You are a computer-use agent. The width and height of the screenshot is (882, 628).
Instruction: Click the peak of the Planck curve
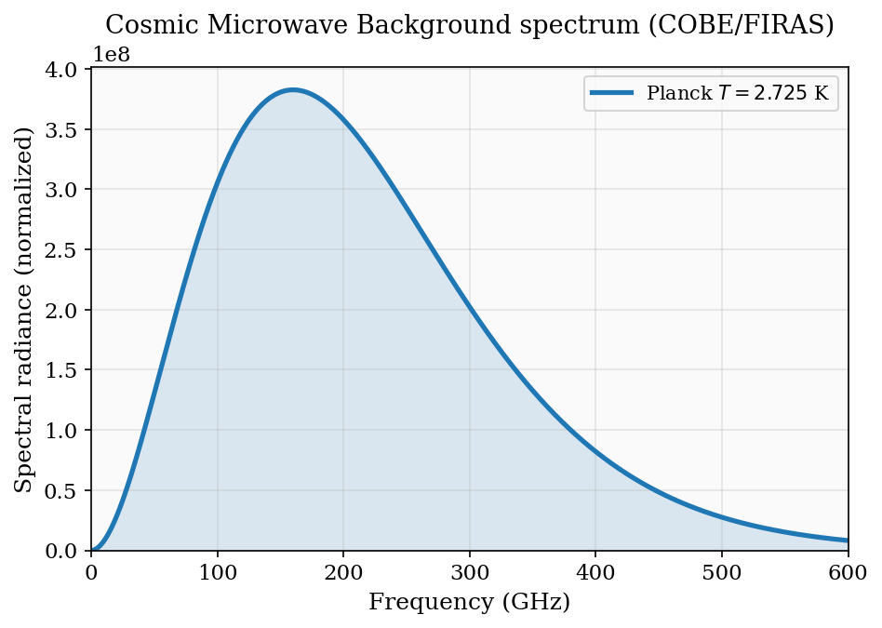coord(293,90)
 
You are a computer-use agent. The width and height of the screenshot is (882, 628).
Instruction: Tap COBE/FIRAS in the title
coord(730,25)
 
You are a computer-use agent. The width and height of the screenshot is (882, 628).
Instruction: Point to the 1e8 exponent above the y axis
coord(111,55)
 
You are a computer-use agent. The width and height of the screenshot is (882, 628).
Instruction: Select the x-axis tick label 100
coord(217,569)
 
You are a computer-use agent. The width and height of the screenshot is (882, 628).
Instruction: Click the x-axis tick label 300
coord(469,569)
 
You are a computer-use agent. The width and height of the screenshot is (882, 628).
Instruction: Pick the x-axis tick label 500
coord(722,569)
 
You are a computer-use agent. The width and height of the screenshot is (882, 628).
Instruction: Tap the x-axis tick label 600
coord(847,569)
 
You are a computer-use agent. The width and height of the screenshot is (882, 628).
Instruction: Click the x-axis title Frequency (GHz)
coord(469,602)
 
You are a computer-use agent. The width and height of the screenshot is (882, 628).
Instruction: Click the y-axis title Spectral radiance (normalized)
coord(24,309)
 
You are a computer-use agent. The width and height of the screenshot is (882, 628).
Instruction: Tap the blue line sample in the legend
coord(611,93)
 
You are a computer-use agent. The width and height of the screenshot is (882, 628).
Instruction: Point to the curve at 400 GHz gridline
coord(595,450)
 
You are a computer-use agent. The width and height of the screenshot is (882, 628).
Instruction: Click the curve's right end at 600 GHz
coord(847,540)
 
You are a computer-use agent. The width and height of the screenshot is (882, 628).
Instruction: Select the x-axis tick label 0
coord(91,569)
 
